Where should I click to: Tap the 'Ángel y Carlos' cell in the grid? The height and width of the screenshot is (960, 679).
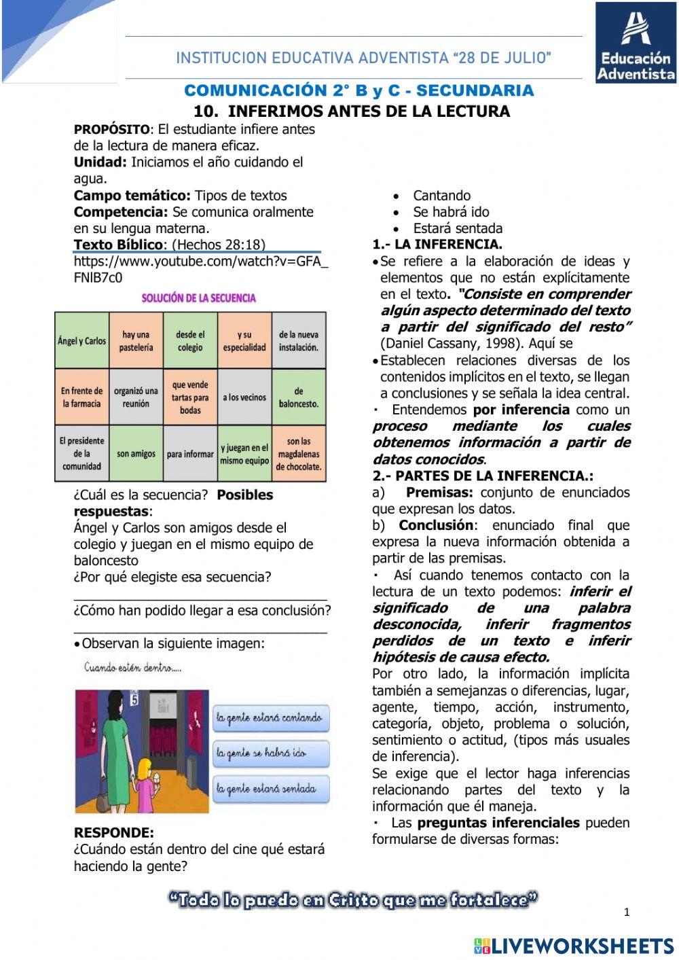tap(81, 340)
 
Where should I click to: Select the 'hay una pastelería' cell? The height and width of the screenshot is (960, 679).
tap(136, 340)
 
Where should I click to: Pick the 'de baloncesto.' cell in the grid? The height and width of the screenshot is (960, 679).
tap(299, 397)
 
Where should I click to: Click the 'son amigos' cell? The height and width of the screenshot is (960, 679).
tap(136, 453)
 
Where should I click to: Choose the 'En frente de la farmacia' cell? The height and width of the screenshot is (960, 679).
tap(81, 397)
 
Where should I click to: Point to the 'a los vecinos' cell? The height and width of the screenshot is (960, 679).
tap(244, 397)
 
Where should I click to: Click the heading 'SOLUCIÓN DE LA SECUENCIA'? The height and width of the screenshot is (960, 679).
tap(199, 298)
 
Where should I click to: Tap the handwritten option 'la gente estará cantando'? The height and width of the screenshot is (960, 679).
tap(270, 717)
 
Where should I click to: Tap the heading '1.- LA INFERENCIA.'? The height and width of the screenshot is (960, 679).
tap(437, 245)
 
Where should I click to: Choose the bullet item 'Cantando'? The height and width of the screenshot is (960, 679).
tap(441, 196)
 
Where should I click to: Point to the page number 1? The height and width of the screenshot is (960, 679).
tap(627, 912)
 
